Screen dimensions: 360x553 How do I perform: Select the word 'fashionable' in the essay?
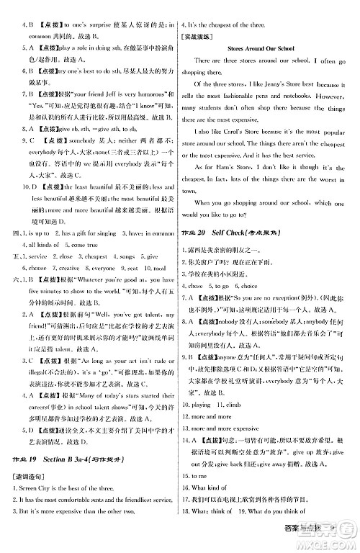tap(253, 96)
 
